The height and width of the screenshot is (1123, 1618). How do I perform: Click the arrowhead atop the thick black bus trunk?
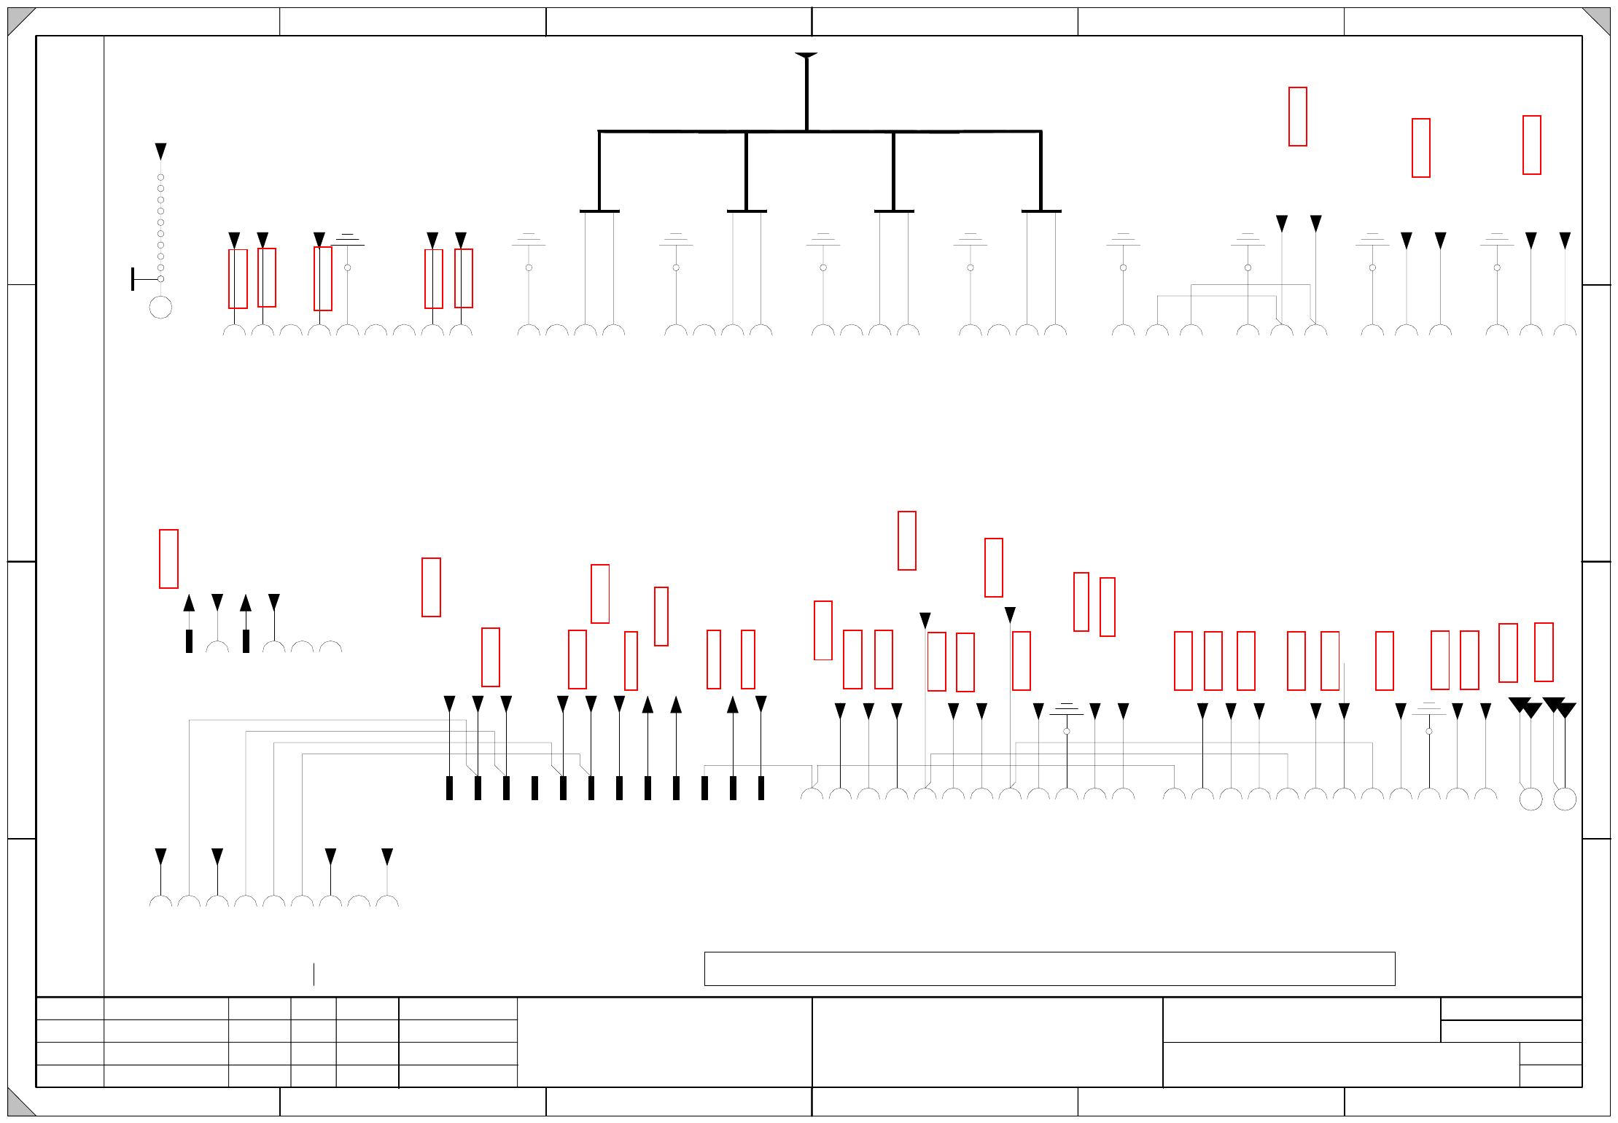coord(806,55)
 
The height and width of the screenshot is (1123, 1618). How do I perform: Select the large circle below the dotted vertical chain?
coord(160,308)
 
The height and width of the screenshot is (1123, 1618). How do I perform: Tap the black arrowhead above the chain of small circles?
coord(160,151)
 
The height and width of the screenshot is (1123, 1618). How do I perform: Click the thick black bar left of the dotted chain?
coord(133,279)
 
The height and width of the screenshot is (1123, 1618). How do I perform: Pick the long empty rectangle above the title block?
coord(1049,969)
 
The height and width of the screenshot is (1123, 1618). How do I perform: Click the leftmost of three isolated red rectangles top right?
coord(1297,117)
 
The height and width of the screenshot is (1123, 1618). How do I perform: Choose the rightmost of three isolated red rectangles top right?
coord(1531,145)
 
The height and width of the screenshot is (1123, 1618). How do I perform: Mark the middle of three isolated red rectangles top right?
coord(1420,148)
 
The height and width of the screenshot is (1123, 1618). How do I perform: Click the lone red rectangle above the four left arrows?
coord(168,559)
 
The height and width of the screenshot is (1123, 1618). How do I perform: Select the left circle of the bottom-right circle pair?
coord(1531,799)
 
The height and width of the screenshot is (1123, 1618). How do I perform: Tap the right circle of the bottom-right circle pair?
coord(1565,799)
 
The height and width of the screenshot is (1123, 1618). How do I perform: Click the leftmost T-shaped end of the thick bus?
coord(599,211)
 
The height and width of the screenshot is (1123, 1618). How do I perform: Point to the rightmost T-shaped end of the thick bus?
coord(1041,211)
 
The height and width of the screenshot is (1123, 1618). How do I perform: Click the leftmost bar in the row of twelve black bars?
coord(449,788)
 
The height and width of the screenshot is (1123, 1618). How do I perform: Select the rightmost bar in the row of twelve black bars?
coord(761,788)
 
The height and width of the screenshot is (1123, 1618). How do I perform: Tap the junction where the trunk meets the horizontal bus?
coord(806,131)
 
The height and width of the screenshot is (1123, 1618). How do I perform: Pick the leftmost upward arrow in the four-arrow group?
coord(189,603)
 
